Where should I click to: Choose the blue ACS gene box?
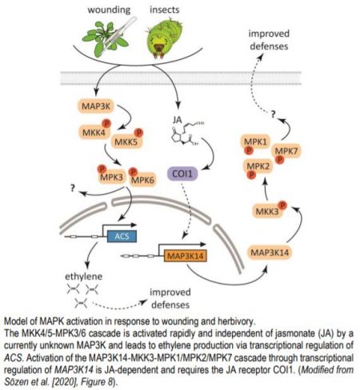122,237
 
